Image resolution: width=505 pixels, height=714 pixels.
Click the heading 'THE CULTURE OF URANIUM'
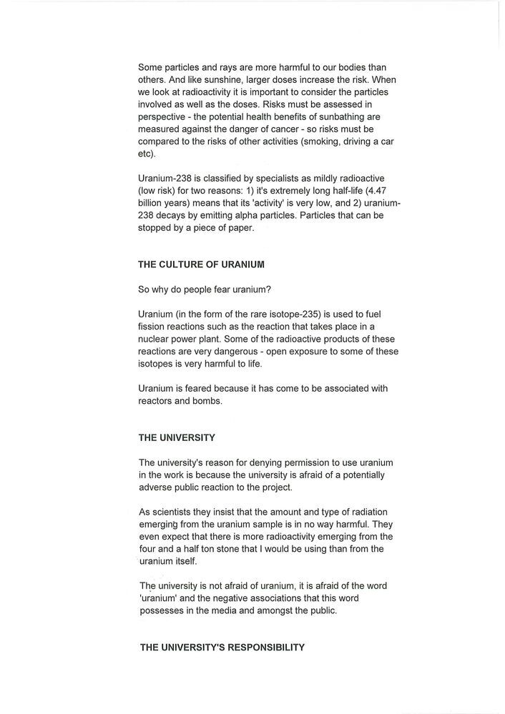pyautogui.click(x=201, y=264)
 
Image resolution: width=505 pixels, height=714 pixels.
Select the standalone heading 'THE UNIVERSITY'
pyautogui.click(x=177, y=437)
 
